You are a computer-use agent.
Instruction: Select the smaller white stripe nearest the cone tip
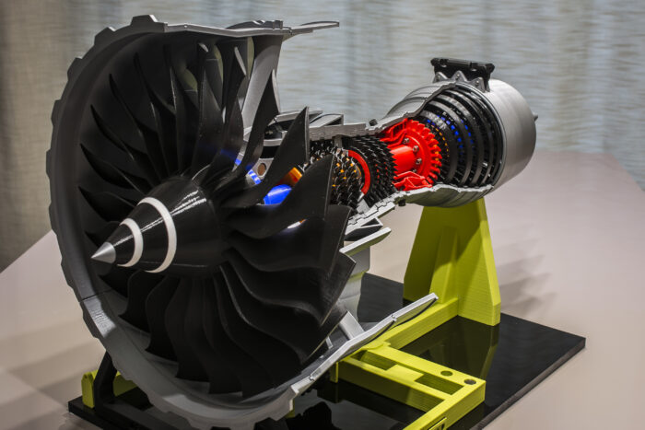coord(134,242)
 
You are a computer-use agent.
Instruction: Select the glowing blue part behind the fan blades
coord(276,194)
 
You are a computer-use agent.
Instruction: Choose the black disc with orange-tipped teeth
coord(345,180)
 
